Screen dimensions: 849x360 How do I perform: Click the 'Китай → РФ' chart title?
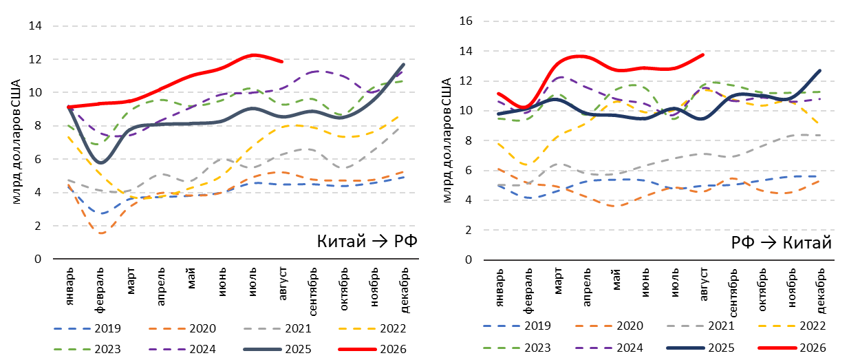[367, 241]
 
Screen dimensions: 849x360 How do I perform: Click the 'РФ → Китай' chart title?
[781, 242]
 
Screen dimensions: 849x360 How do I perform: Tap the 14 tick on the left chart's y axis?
[35, 25]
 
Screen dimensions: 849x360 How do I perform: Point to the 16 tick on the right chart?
[466, 21]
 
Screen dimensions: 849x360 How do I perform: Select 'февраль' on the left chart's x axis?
[100, 290]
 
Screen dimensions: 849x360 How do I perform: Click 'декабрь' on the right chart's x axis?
[821, 291]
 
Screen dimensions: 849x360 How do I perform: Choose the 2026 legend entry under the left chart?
[372, 348]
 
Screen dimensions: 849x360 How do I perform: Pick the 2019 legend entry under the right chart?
[517, 326]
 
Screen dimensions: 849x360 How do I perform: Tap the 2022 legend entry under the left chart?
[372, 328]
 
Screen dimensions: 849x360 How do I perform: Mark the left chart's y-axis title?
[16, 142]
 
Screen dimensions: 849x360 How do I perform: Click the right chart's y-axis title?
[447, 140]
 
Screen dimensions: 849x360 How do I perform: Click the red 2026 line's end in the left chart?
[282, 61]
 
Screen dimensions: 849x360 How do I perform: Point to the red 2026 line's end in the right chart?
[703, 54]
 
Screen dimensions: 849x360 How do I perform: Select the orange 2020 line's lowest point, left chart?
[102, 233]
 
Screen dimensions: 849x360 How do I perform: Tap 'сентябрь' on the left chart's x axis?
[312, 292]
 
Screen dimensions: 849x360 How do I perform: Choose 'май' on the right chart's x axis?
[616, 279]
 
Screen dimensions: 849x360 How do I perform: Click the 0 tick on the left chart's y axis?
[38, 259]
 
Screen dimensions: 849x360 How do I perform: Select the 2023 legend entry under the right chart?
[517, 348]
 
